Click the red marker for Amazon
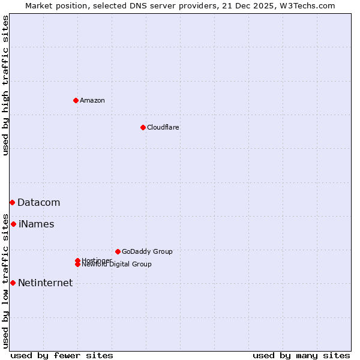click(76, 100)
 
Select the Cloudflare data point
click(143, 127)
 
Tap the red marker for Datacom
click(12, 203)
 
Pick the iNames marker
click(13, 224)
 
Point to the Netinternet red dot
click(13, 283)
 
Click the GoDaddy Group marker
click(118, 251)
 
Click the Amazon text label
click(92, 100)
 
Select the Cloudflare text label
click(163, 127)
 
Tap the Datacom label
click(38, 203)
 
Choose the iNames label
click(36, 224)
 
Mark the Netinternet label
click(45, 283)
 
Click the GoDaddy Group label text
click(147, 251)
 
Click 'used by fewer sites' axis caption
click(62, 355)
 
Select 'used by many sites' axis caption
click(301, 355)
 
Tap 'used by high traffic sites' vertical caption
click(5, 86)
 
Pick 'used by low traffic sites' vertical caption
click(5, 280)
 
